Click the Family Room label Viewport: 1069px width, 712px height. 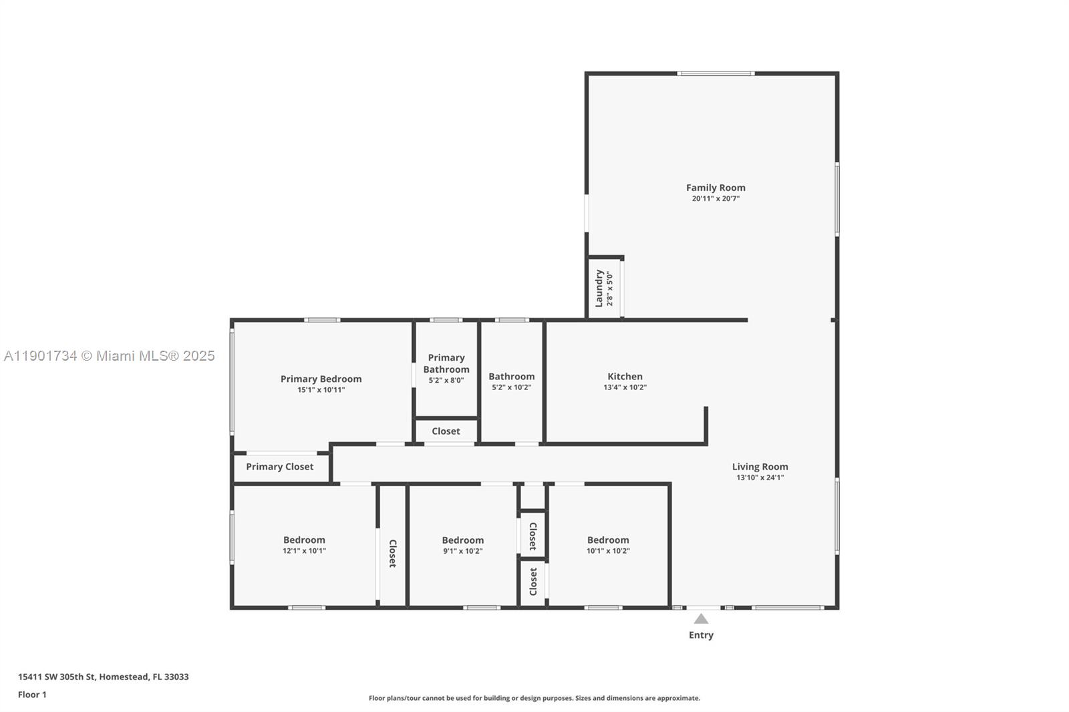click(x=716, y=188)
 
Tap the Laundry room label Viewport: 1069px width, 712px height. click(x=599, y=289)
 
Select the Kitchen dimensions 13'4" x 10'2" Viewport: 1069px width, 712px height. click(x=625, y=387)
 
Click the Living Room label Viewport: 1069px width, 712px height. click(x=760, y=467)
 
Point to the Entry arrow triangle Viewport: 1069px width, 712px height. click(x=701, y=619)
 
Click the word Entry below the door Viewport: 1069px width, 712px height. click(x=701, y=635)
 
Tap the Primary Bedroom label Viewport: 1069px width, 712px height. click(x=321, y=379)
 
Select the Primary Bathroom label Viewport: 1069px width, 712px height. click(x=446, y=363)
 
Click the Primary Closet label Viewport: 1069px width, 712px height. click(x=279, y=467)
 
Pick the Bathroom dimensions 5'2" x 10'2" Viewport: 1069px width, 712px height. click(x=511, y=387)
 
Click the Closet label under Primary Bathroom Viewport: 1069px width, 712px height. click(x=446, y=431)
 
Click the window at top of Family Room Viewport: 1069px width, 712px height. click(x=716, y=73)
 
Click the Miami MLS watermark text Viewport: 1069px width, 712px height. click(x=110, y=356)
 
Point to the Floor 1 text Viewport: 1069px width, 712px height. click(x=32, y=695)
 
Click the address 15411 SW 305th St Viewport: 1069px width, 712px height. click(x=103, y=677)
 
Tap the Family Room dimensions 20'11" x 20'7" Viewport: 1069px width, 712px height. click(x=716, y=198)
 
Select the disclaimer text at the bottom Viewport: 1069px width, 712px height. click(x=534, y=698)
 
